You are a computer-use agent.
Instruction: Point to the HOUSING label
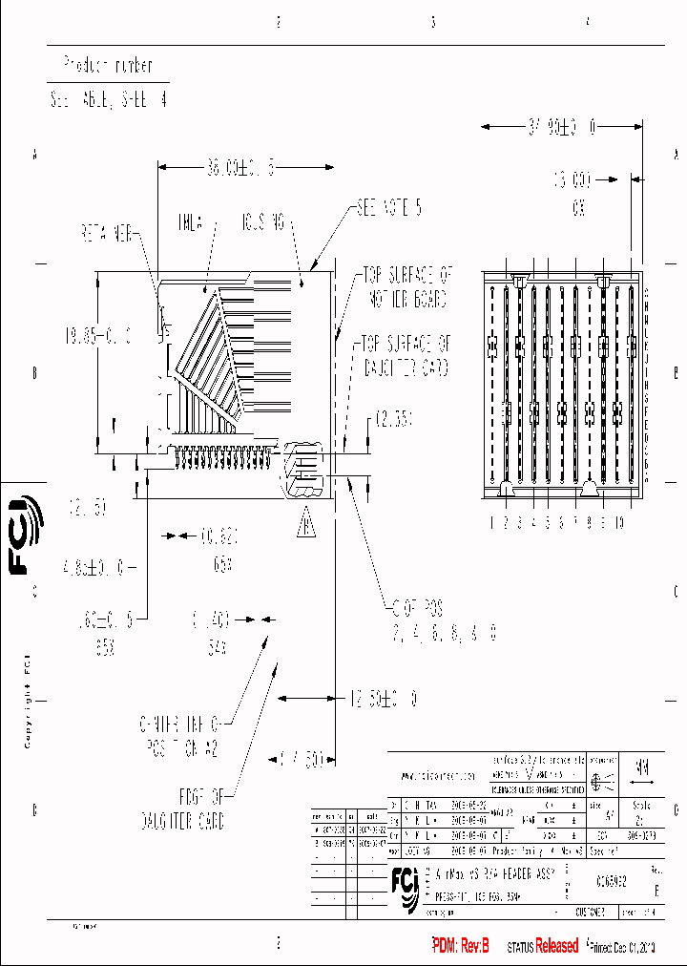tap(261, 223)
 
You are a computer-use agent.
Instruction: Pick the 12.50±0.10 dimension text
tap(382, 700)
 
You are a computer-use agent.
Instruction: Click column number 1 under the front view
tap(492, 522)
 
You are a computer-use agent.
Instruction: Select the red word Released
tap(556, 946)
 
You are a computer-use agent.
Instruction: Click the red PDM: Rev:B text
tap(461, 946)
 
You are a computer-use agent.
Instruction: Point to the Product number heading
tap(107, 65)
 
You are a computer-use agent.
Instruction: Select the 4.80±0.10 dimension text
tap(94, 567)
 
